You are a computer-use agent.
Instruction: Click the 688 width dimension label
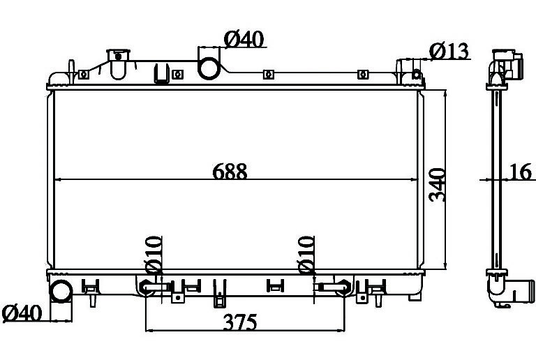[x=230, y=172]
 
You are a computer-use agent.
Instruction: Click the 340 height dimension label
[x=437, y=185]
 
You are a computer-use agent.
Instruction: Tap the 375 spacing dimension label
[x=240, y=322]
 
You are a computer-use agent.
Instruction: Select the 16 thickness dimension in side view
[x=521, y=172]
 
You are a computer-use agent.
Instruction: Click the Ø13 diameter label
[x=449, y=51]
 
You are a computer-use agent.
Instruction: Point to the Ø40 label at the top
[x=244, y=39]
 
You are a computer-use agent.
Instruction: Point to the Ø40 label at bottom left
[x=22, y=313]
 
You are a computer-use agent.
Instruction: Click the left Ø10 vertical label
[x=153, y=255]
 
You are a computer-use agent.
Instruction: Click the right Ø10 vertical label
[x=306, y=255]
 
